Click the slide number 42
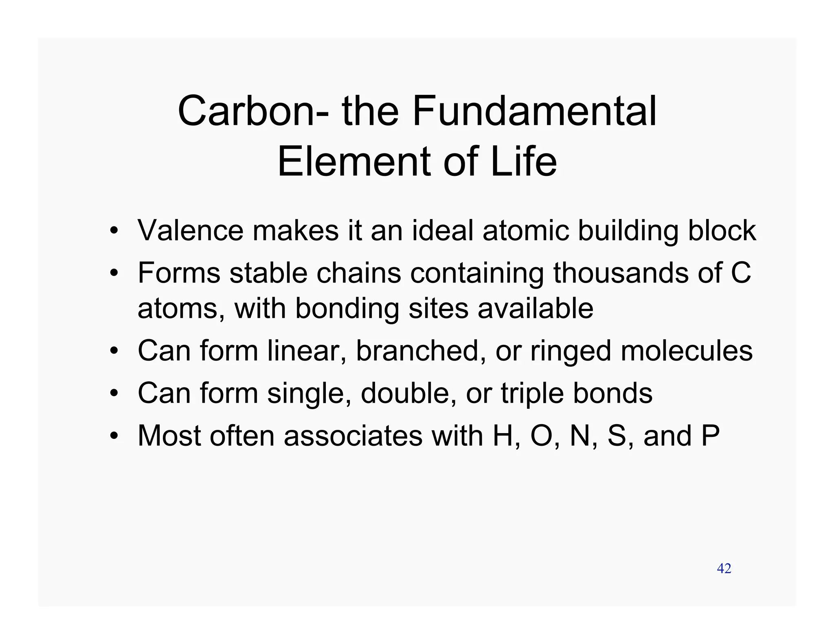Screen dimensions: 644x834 point(724,568)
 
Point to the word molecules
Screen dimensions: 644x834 point(686,350)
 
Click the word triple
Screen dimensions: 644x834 point(532,393)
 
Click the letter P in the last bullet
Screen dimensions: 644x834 point(710,436)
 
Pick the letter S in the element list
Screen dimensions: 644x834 point(617,436)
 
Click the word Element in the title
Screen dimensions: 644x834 point(355,162)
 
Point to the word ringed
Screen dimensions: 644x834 point(571,351)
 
